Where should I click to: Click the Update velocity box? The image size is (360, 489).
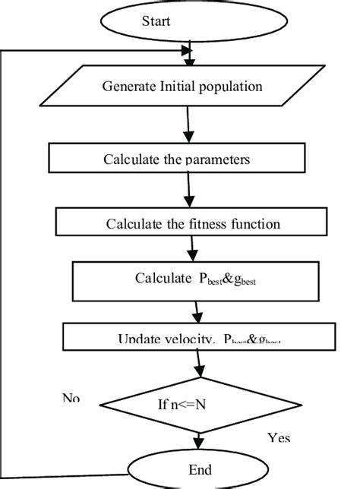point(200,339)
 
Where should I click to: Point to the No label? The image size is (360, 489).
point(71,398)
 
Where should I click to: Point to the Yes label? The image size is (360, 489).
point(279,438)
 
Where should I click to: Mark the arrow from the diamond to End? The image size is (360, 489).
point(199,439)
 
